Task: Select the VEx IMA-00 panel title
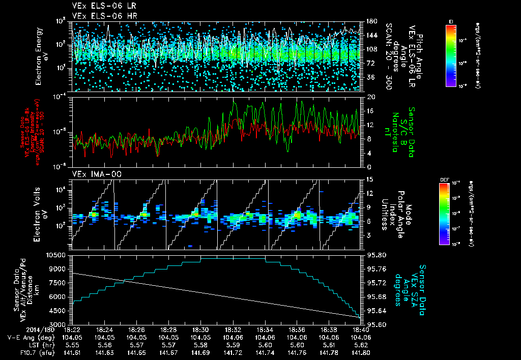point(93,174)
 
